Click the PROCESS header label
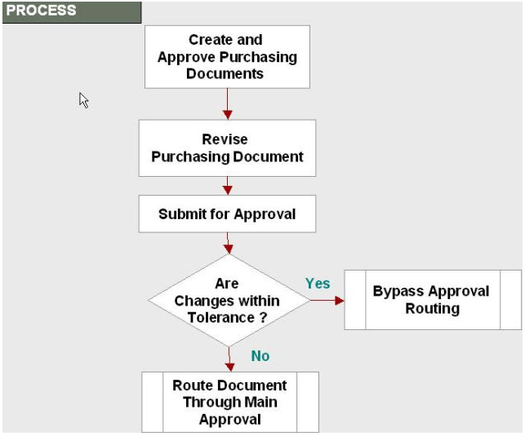[x=41, y=11]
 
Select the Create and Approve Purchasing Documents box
[x=227, y=57]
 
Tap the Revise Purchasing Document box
[x=227, y=148]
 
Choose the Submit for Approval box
[x=227, y=214]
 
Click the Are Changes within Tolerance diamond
[x=229, y=301]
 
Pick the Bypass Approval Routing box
[x=433, y=300]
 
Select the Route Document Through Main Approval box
[x=230, y=403]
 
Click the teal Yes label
[x=318, y=284]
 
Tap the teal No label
[x=260, y=356]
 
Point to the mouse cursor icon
[x=83, y=100]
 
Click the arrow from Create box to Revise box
[x=227, y=103]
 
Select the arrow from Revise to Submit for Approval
[x=227, y=186]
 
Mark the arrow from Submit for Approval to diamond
[x=228, y=243]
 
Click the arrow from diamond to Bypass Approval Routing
[x=327, y=301]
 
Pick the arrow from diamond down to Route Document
[x=229, y=359]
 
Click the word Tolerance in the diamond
[x=221, y=317]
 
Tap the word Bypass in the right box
[x=398, y=291]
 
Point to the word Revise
[x=225, y=139]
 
